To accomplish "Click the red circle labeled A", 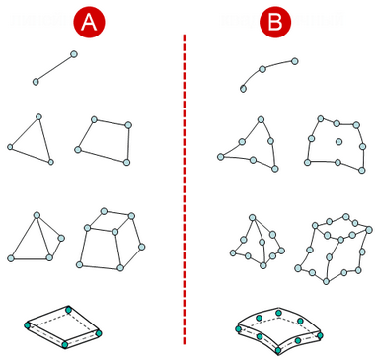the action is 89,23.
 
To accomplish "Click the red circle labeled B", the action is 275,23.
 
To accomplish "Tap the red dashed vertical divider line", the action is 185,189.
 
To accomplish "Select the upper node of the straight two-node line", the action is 74,54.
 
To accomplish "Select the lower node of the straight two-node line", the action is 36,82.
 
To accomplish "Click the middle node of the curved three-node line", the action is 262,69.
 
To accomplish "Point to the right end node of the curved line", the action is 295,61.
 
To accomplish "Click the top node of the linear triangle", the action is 38,116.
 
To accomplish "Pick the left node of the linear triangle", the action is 10,147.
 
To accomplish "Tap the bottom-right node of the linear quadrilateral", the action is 126,162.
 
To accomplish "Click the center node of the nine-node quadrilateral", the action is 338,142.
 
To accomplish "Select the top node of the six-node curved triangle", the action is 261,119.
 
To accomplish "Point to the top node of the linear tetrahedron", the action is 37,215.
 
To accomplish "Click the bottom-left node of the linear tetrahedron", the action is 11,258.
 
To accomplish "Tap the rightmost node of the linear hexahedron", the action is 142,247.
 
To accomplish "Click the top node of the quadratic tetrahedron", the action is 253,217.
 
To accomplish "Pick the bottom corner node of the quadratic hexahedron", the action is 326,281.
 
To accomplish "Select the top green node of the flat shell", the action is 68,310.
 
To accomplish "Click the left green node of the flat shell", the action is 28,325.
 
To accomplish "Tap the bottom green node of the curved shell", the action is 278,350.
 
